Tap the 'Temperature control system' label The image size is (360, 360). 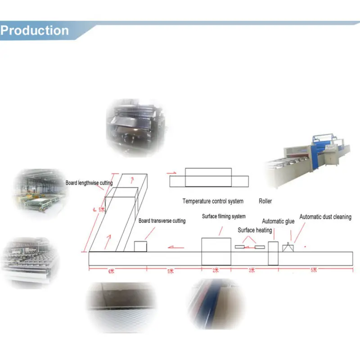coord(213,201)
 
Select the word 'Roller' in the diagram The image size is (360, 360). coord(265,201)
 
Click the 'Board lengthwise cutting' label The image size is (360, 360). coord(89,183)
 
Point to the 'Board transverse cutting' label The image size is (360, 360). coord(162,221)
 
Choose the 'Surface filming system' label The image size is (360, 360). coord(224,216)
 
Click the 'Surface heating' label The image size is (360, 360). coord(255,230)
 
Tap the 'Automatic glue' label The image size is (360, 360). coord(278,221)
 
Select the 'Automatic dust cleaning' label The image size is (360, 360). coord(325,217)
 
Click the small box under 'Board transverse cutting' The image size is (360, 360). coord(141,247)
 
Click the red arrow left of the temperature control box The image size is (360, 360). coord(171,172)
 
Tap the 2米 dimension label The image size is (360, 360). coord(216,270)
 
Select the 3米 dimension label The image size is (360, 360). coord(252,270)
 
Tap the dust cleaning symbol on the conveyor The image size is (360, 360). coord(288,247)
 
